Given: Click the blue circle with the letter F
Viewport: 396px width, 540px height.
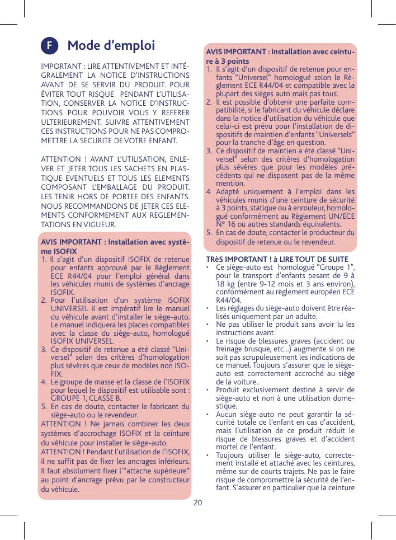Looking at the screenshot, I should pyautogui.click(x=50, y=46).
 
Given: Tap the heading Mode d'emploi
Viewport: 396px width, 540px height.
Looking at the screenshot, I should pyautogui.click(x=111, y=45).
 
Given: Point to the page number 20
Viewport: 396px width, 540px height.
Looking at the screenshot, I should pyautogui.click(x=197, y=501).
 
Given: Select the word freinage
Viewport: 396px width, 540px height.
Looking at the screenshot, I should pyautogui.click(x=230, y=350).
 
